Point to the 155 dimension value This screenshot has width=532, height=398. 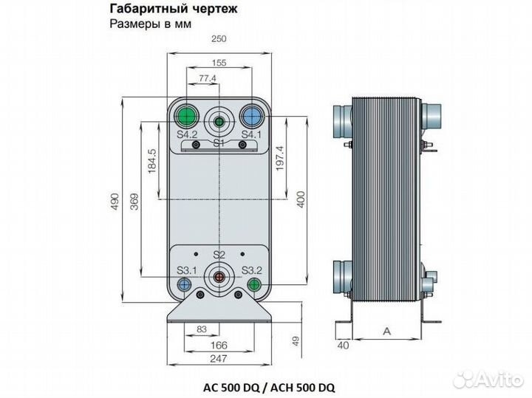point(218,64)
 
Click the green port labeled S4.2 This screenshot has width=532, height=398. point(186,116)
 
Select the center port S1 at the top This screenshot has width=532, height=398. point(219,122)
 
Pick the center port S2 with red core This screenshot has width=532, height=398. point(219,277)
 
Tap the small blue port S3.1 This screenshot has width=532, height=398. point(185,284)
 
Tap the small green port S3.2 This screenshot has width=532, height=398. point(253,284)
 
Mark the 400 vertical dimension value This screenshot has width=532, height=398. point(300,199)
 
